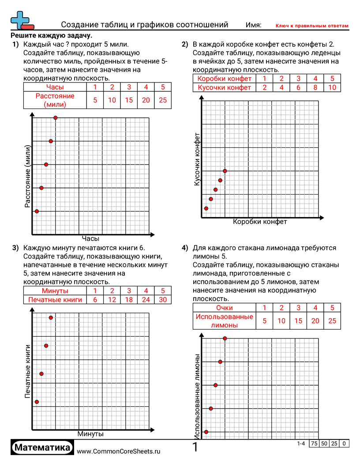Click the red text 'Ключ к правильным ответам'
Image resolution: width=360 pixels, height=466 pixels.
(x=312, y=26)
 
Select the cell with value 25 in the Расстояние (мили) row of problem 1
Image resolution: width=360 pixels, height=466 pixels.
(x=163, y=100)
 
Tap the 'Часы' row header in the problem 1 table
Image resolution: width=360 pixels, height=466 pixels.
(x=55, y=87)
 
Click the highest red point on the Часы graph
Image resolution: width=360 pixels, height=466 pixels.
(x=56, y=118)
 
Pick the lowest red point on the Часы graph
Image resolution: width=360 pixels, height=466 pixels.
(x=37, y=211)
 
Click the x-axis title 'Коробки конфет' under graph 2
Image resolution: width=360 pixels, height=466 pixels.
(x=260, y=222)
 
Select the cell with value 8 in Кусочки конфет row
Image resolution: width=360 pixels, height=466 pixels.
(x=315, y=87)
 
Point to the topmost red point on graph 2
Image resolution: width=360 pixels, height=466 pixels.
(x=225, y=171)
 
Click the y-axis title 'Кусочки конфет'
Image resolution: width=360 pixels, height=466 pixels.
(x=198, y=158)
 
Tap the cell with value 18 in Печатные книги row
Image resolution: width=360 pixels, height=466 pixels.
(x=129, y=300)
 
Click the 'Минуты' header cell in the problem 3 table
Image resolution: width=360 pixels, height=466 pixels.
(x=55, y=291)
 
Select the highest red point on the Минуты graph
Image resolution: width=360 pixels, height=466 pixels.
(x=51, y=318)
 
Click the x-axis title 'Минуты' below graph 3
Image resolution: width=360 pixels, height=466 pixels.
(x=90, y=434)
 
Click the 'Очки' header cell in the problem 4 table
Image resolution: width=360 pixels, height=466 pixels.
(x=224, y=308)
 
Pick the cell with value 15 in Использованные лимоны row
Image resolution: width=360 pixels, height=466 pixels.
(x=298, y=321)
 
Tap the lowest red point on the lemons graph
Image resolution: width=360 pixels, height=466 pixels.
(x=206, y=432)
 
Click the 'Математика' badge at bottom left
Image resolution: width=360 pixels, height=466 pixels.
(x=42, y=447)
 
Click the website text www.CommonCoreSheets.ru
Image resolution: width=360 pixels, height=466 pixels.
(x=118, y=451)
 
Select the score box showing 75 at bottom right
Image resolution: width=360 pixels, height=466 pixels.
(x=314, y=443)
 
